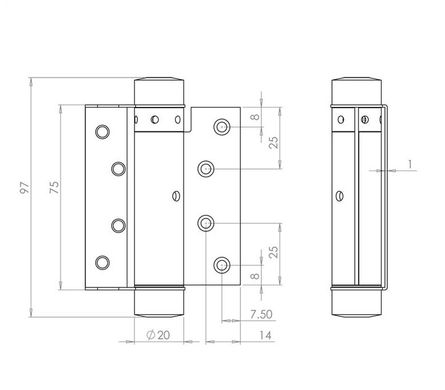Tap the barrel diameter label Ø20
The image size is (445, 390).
159,335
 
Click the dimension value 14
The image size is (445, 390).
265,335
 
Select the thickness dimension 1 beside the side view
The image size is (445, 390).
410,164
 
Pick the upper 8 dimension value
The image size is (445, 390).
256,116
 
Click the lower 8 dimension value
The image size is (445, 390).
256,276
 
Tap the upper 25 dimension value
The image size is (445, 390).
274,143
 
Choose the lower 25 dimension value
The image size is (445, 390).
274,252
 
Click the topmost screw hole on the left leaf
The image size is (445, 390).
103,132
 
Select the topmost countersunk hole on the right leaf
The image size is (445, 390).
221,127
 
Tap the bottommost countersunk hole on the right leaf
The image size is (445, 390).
221,265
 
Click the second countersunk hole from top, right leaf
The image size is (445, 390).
206,169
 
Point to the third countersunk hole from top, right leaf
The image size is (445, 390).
206,223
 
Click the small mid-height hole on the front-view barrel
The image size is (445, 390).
176,196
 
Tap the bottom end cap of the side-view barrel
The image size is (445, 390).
356,303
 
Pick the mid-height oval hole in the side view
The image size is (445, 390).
340,196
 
